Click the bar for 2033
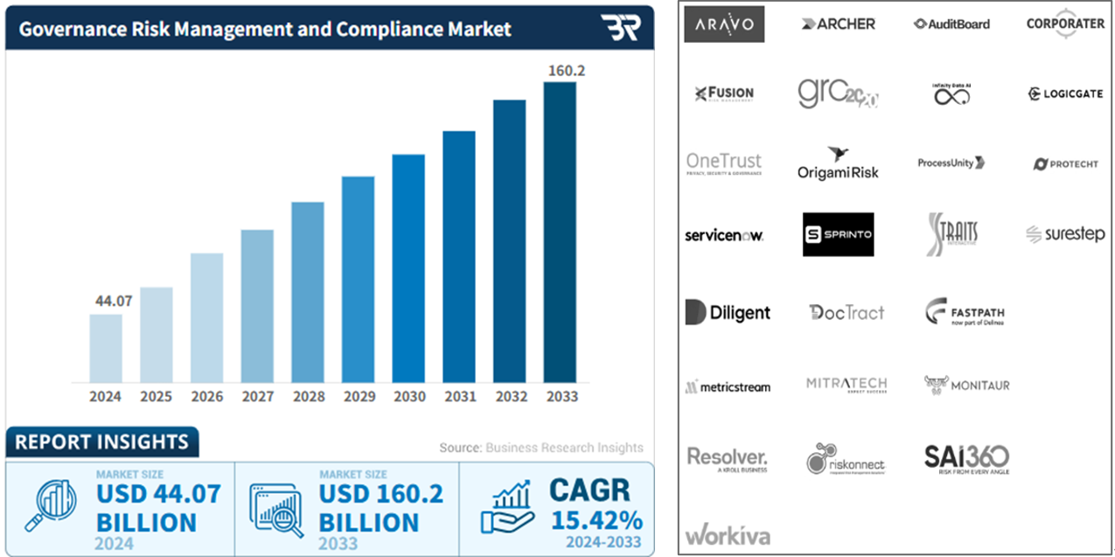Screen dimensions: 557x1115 pos(560,233)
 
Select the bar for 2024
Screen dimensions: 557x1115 pos(106,348)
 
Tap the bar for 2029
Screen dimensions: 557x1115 pos(358,280)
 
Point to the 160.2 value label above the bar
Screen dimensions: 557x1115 pos(566,70)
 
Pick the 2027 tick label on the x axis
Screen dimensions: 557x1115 pos(257,396)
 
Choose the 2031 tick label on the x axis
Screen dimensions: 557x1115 pos(460,396)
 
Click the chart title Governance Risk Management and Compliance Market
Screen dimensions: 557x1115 pos(265,29)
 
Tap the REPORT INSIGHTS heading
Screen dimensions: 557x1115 pos(101,442)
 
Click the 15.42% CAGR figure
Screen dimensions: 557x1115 pos(596,519)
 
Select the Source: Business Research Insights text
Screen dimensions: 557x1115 pos(541,448)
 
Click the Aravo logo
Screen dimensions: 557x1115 pos(724,24)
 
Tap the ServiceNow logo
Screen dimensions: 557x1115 pos(724,235)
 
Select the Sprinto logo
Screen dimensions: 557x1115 pos(838,234)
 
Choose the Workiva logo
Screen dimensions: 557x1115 pos(728,534)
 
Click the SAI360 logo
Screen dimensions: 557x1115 pos(966,457)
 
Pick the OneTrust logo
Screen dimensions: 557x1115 pos(724,164)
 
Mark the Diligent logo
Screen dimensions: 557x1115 pos(728,312)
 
